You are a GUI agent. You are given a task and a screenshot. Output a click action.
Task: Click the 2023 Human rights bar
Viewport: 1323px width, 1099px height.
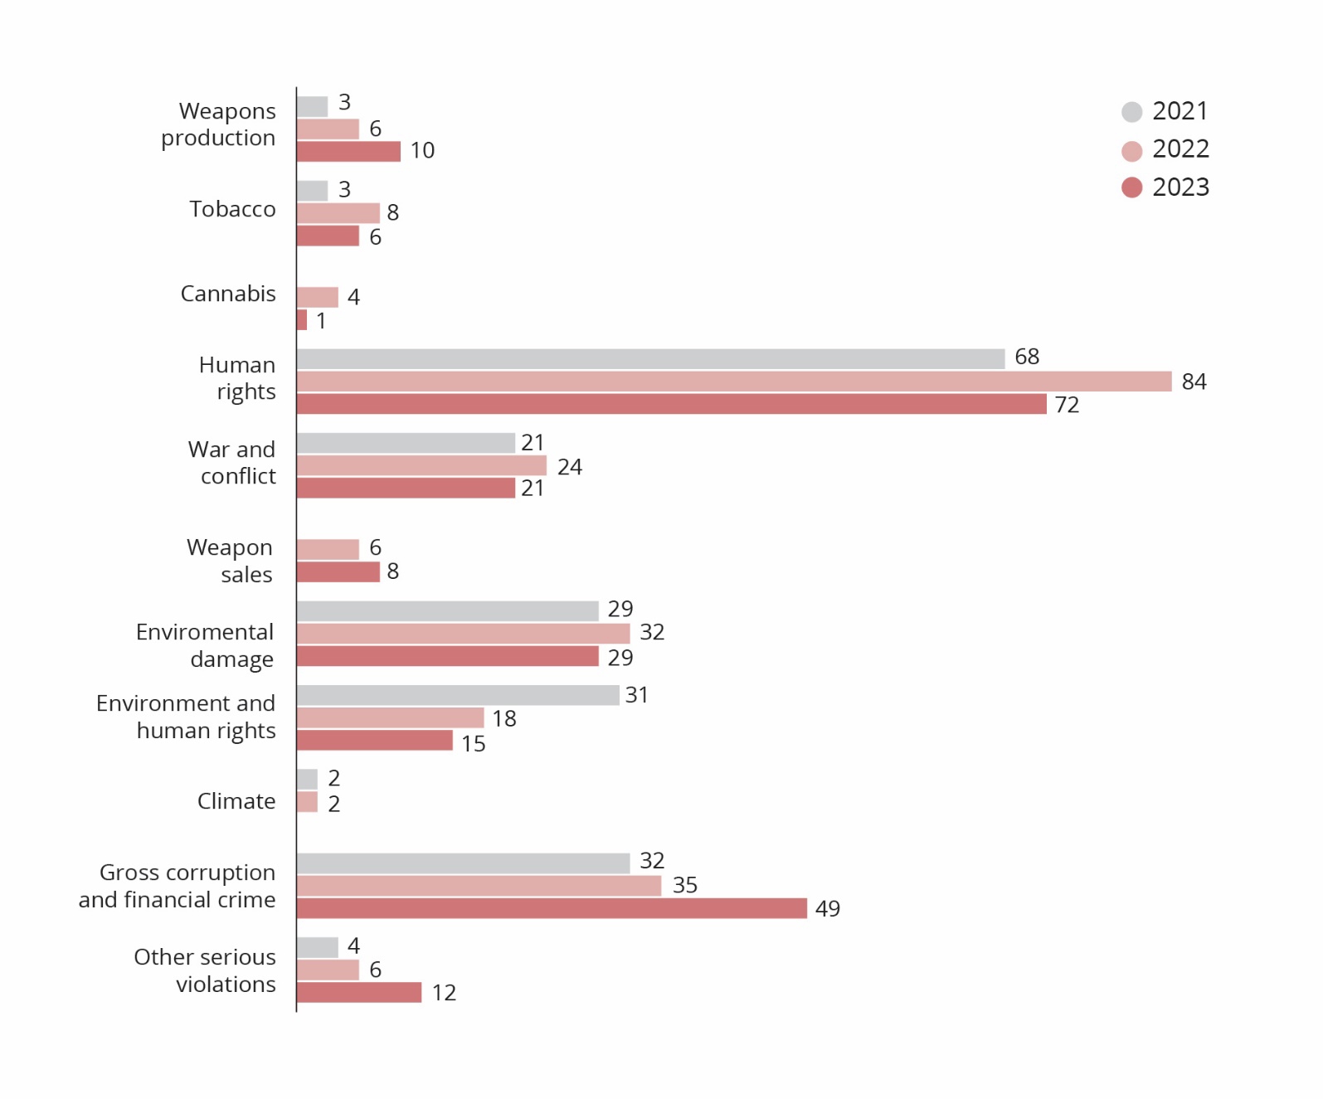point(672,404)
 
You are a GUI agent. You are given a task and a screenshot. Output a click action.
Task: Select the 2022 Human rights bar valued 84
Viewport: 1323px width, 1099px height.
point(734,382)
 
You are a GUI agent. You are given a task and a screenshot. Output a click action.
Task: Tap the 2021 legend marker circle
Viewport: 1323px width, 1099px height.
point(1131,112)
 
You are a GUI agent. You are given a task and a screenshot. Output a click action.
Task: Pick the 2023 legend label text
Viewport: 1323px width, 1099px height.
point(1180,187)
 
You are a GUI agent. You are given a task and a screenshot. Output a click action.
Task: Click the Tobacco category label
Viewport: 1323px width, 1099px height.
point(232,209)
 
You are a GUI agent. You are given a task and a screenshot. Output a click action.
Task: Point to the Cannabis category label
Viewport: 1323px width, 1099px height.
point(228,294)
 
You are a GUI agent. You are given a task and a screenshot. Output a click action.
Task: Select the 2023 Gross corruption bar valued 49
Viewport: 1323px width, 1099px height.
point(552,908)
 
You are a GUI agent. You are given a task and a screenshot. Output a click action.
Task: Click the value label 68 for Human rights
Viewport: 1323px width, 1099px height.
point(1027,357)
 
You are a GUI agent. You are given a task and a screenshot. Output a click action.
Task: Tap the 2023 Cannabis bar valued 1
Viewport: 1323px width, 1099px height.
point(302,320)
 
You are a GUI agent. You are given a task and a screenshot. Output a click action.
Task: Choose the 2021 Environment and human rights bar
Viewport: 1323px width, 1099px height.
point(458,695)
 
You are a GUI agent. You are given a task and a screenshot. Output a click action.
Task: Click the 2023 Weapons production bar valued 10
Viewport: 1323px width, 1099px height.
point(348,151)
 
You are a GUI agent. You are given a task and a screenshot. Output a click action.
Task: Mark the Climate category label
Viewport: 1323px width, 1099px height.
point(236,801)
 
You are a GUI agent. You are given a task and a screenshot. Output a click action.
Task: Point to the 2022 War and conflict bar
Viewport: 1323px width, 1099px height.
point(421,465)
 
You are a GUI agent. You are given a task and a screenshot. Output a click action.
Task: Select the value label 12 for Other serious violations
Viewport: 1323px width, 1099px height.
point(444,993)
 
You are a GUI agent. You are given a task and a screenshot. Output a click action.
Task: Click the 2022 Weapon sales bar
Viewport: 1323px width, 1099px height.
point(328,549)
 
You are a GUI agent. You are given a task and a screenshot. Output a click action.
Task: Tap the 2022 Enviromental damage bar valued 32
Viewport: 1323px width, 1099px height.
point(463,634)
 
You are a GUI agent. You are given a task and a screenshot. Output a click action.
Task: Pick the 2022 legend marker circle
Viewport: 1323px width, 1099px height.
point(1131,151)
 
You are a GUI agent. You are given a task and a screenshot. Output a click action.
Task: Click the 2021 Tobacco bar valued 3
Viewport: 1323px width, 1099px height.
point(312,191)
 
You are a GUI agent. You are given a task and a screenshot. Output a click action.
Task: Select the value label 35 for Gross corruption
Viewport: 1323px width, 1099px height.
point(684,885)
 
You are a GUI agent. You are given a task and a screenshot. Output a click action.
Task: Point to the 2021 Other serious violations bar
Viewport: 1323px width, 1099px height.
point(317,947)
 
